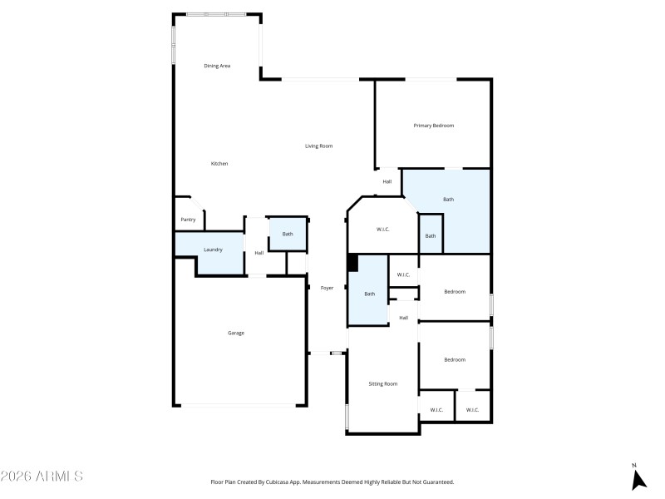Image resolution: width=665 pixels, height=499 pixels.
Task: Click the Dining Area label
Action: click(217, 66)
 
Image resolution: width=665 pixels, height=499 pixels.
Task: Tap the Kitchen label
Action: click(219, 164)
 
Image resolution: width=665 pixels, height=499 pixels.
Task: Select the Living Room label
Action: click(318, 146)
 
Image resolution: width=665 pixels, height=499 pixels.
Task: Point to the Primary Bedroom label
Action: click(434, 126)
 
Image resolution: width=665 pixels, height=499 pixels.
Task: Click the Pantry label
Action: click(188, 220)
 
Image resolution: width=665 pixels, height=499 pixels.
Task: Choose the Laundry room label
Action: click(213, 250)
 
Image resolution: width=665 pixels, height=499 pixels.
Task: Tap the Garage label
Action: click(236, 333)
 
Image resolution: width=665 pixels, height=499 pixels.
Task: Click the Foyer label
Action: click(328, 288)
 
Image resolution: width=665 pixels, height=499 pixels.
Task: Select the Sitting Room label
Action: click(383, 384)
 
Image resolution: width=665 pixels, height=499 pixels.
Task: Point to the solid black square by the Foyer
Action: click(352, 264)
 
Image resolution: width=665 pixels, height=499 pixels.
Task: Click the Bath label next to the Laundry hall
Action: click(288, 234)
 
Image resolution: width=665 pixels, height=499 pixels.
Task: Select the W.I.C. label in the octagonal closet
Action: click(383, 230)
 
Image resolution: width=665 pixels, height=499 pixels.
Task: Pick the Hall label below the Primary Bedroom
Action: click(387, 181)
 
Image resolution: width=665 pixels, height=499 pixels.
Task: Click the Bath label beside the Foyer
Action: click(369, 294)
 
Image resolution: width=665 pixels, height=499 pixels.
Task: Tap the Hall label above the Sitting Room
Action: click(404, 318)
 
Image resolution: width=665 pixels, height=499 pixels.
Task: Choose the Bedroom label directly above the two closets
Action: click(454, 360)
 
